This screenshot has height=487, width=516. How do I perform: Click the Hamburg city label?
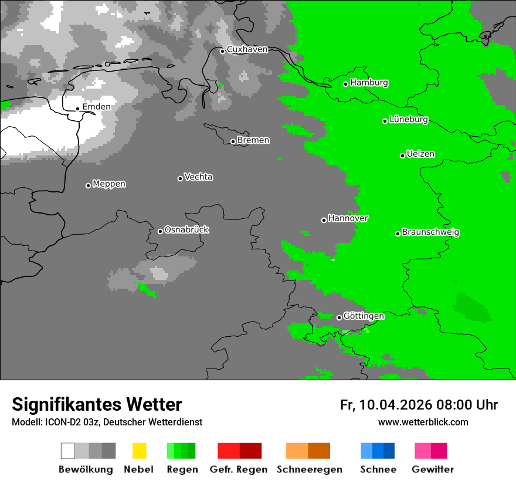pos(369,83)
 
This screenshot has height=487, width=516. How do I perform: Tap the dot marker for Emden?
pos(77,109)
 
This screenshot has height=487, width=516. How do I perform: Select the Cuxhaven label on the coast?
pos(247,49)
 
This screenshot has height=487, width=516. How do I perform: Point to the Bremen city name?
pos(253,140)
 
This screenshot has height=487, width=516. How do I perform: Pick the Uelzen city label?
pos(420,154)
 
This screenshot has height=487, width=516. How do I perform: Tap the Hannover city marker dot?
pos(324,220)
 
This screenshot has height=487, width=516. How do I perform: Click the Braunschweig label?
pos(430,232)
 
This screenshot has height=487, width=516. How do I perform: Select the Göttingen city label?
pos(364,316)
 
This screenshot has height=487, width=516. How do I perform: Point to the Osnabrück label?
pos(186,230)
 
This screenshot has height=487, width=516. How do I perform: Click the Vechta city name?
pos(198,177)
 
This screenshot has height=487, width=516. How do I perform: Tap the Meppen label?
pos(109,184)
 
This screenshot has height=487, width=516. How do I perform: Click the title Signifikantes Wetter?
pos(97,404)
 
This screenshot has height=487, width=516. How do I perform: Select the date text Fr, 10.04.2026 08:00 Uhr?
pos(419,405)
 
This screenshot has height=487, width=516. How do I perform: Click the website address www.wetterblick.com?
pos(423,422)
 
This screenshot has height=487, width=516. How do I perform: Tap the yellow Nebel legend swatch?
pos(139,451)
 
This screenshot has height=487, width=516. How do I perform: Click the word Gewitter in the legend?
pos(432,469)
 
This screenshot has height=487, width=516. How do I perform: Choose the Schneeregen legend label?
pos(309,469)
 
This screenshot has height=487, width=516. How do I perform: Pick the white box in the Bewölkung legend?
pos(68,451)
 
